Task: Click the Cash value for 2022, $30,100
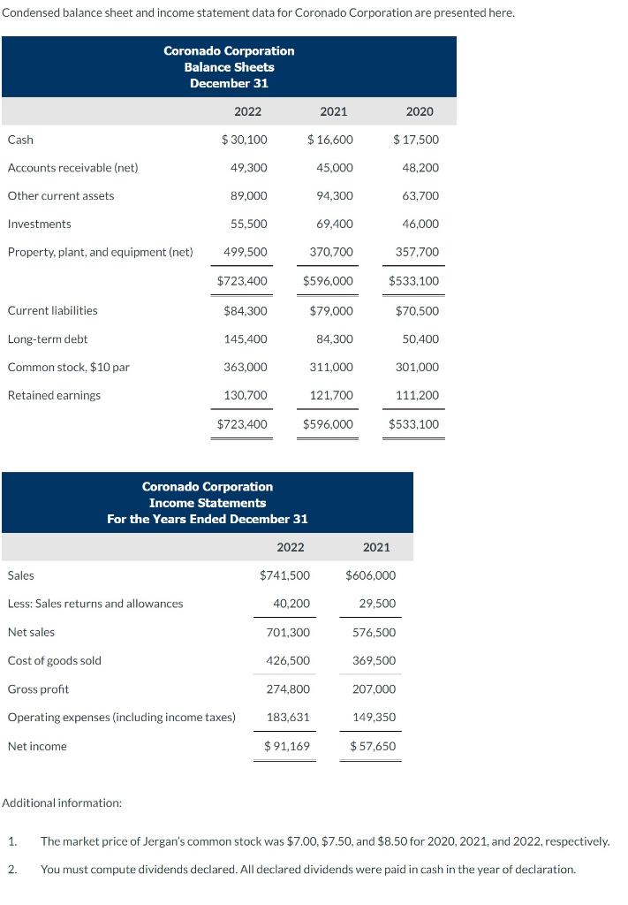(245, 140)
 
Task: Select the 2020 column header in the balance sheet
(420, 111)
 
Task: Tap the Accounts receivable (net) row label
(72, 168)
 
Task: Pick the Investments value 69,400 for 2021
(334, 224)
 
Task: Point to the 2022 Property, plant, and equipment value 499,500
(247, 253)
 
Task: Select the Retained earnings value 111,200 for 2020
(420, 396)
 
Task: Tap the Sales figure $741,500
(284, 576)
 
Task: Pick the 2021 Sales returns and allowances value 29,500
(377, 605)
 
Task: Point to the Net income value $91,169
(286, 747)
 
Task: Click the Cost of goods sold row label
(54, 661)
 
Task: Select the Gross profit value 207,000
(375, 689)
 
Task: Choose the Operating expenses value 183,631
(288, 718)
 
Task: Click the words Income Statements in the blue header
(208, 503)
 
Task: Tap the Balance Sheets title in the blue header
(229, 67)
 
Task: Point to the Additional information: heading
(62, 803)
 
